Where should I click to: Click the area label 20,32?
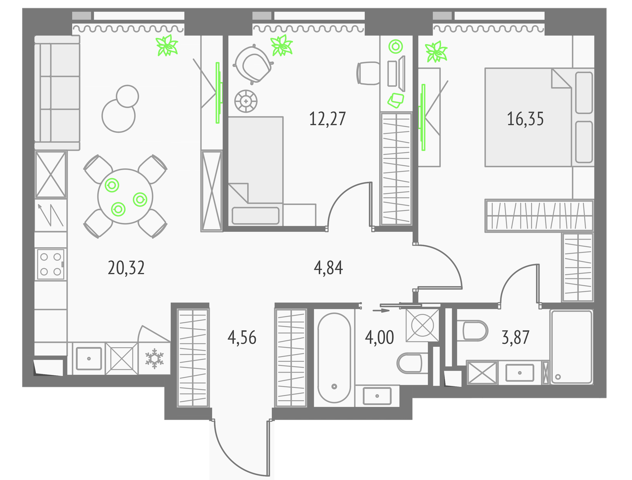pyautogui.click(x=126, y=268)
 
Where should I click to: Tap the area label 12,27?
pyautogui.click(x=327, y=119)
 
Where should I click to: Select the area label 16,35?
pyautogui.click(x=525, y=119)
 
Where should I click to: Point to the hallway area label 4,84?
pyautogui.click(x=328, y=268)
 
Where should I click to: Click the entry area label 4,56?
pyautogui.click(x=242, y=337)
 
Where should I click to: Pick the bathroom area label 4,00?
pyautogui.click(x=379, y=337)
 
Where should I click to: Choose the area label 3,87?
pyautogui.click(x=515, y=337)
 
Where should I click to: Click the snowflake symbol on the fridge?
pyautogui.click(x=154, y=358)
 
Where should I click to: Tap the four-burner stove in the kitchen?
pyautogui.click(x=51, y=264)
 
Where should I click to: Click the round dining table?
pyautogui.click(x=125, y=196)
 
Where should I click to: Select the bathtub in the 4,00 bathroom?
pyautogui.click(x=334, y=358)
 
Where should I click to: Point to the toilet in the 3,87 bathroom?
pyautogui.click(x=475, y=331)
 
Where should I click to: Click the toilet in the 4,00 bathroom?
pyautogui.click(x=410, y=363)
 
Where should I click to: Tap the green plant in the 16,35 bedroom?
pyautogui.click(x=436, y=52)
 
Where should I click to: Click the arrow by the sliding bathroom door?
pyautogui.click(x=381, y=311)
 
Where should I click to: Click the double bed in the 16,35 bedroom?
pyautogui.click(x=539, y=117)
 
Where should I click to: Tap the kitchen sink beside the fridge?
pyautogui.click(x=89, y=358)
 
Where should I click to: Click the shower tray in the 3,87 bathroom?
pyautogui.click(x=572, y=347)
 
